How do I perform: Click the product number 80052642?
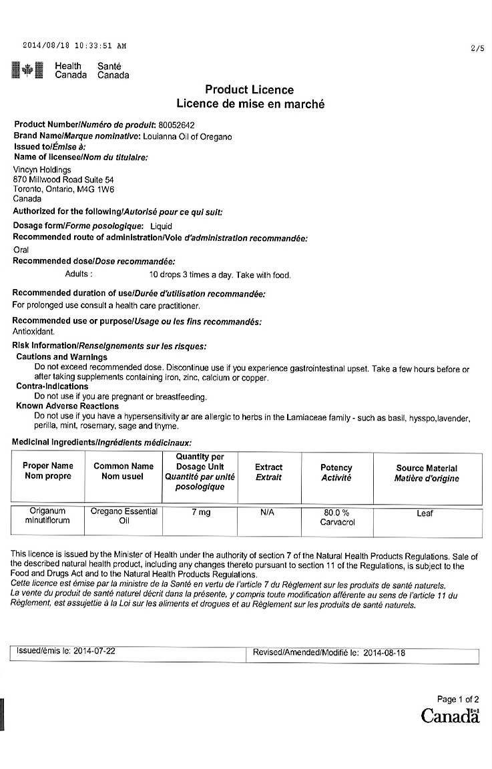pyautogui.click(x=176, y=125)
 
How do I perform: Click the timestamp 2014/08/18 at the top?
pyautogui.click(x=45, y=46)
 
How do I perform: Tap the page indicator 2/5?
pyautogui.click(x=477, y=48)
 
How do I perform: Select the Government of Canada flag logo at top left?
pyautogui.click(x=27, y=70)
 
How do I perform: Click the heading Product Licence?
pyautogui.click(x=249, y=89)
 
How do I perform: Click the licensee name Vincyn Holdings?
pyautogui.click(x=42, y=170)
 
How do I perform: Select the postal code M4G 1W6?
pyautogui.click(x=98, y=189)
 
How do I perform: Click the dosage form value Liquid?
pyautogui.click(x=161, y=226)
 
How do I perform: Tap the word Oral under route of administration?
pyautogui.click(x=21, y=250)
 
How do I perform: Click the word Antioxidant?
pyautogui.click(x=33, y=331)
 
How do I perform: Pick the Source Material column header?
pyautogui.click(x=427, y=473)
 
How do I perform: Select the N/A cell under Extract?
pyautogui.click(x=267, y=513)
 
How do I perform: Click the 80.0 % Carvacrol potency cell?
pyautogui.click(x=336, y=517)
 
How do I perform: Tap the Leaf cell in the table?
pyautogui.click(x=425, y=513)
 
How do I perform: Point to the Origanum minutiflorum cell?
pyautogui.click(x=47, y=516)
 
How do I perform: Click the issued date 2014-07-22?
pyautogui.click(x=94, y=650)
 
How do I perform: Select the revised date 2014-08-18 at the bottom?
pyautogui.click(x=385, y=653)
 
